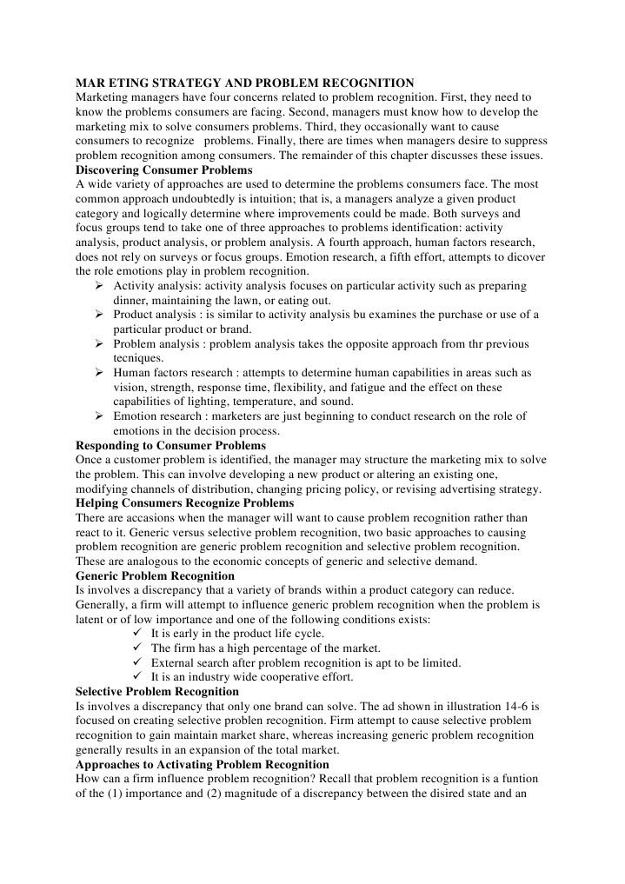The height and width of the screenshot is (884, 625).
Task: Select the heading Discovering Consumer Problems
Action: coord(164,169)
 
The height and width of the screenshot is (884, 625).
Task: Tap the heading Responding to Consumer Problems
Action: coord(171,446)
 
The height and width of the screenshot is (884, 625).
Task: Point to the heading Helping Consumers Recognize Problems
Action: coord(185,503)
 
